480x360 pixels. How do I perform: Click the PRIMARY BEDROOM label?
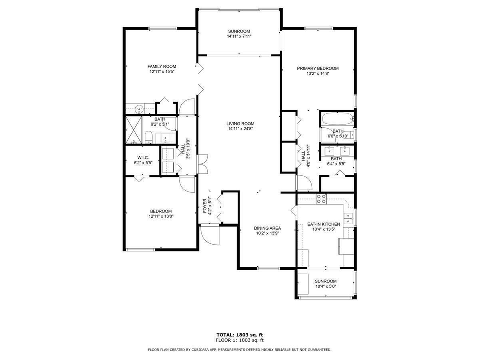coord(318,68)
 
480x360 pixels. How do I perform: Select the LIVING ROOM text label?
coord(240,123)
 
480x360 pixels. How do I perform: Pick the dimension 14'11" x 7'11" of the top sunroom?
coord(239,36)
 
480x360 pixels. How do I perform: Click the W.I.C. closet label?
coord(137,157)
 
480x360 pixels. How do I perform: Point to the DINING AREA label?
coord(267,228)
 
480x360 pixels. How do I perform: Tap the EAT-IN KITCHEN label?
coord(326,224)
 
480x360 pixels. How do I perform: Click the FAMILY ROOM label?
coord(161,66)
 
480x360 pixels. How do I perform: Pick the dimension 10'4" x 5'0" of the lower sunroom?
coord(325,287)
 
